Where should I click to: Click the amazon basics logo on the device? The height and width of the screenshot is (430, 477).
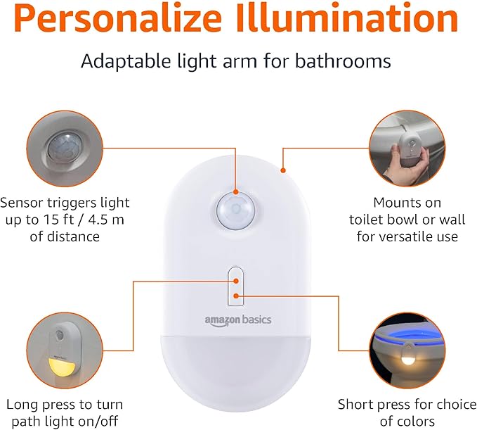[237, 320]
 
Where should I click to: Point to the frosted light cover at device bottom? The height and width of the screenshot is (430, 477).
[237, 366]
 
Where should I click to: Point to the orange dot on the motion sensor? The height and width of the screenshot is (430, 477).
[235, 191]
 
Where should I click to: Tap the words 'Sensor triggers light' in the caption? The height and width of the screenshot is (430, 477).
[65, 203]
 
